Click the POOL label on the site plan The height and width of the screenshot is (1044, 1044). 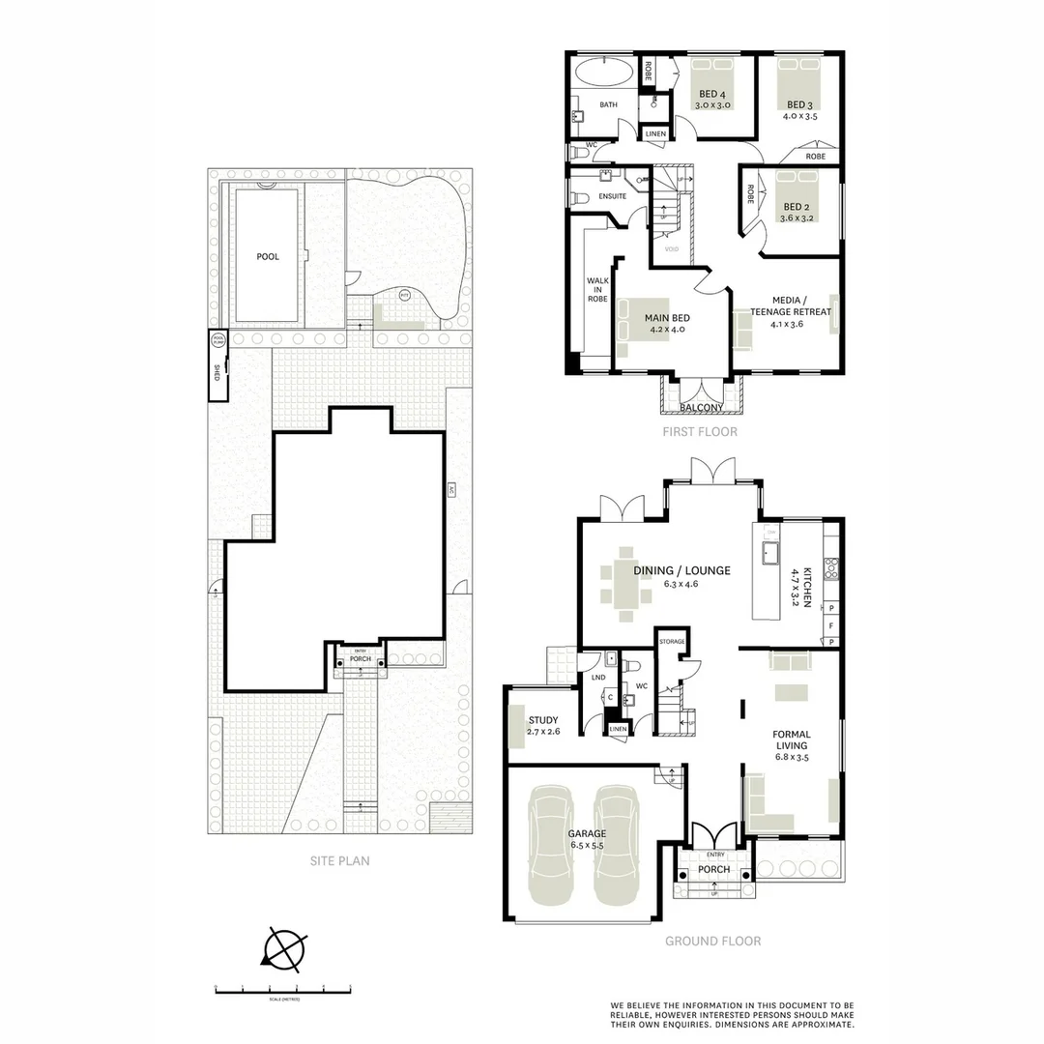pyautogui.click(x=268, y=256)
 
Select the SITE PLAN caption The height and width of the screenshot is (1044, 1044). pyautogui.click(x=338, y=860)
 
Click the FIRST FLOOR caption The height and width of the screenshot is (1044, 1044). pyautogui.click(x=700, y=432)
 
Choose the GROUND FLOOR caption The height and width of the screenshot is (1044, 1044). pyautogui.click(x=712, y=941)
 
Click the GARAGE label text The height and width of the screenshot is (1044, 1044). pyautogui.click(x=587, y=833)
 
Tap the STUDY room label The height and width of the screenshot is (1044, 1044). pyautogui.click(x=543, y=719)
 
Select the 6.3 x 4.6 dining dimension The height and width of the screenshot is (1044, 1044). pyautogui.click(x=681, y=585)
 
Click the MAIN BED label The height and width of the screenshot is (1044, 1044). pyautogui.click(x=667, y=316)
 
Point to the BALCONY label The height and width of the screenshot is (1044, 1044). pyautogui.click(x=701, y=408)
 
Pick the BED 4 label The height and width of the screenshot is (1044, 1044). pyautogui.click(x=713, y=94)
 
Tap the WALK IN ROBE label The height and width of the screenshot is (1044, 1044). pyautogui.click(x=597, y=290)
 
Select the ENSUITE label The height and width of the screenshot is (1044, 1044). pyautogui.click(x=612, y=196)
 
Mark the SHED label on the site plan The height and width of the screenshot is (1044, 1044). pyautogui.click(x=217, y=373)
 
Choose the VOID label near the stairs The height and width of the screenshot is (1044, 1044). pyautogui.click(x=672, y=249)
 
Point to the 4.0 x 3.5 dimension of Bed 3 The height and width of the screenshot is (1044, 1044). pyautogui.click(x=799, y=116)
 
